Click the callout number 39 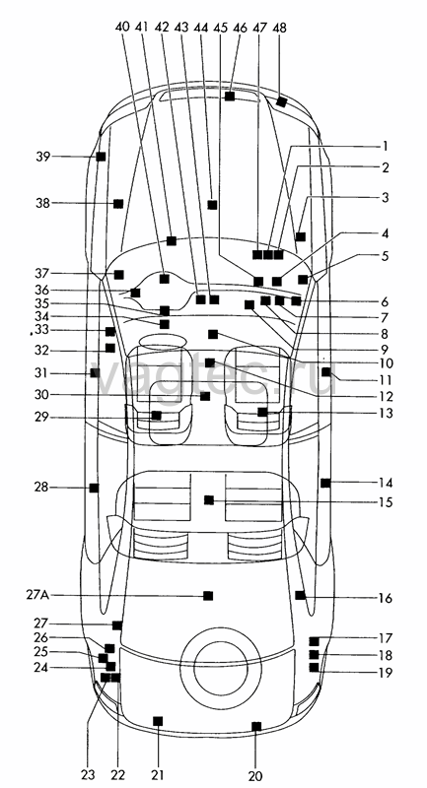click(x=42, y=157)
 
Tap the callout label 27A click(x=37, y=596)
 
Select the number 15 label click(x=386, y=502)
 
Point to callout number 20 click(x=255, y=776)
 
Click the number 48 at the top click(x=279, y=29)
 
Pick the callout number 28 click(x=41, y=488)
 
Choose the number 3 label click(x=385, y=198)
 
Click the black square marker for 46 click(x=230, y=96)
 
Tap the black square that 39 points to click(x=102, y=157)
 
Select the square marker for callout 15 click(x=209, y=500)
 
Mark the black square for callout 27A click(x=208, y=596)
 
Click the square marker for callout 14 click(x=325, y=483)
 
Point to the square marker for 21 click(x=158, y=721)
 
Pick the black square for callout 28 click(x=94, y=488)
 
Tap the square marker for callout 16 click(x=300, y=595)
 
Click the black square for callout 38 click(x=118, y=204)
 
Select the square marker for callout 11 click(x=325, y=372)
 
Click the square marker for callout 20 click(x=256, y=726)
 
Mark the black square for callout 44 click(x=212, y=205)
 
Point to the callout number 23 click(x=88, y=774)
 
